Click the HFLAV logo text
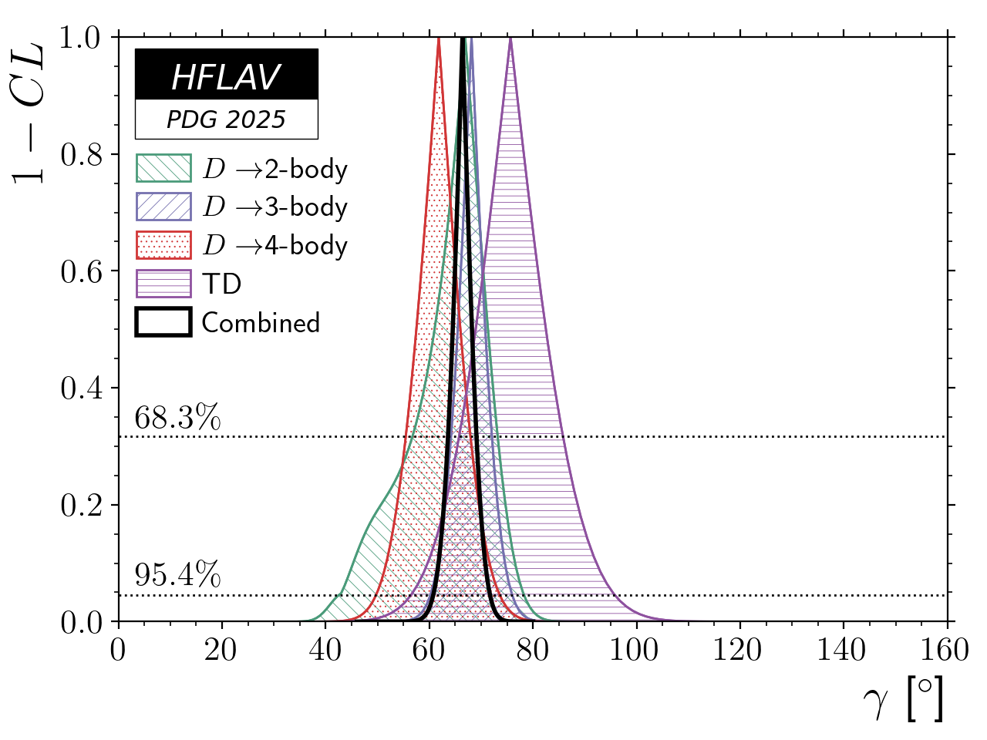pos(226,77)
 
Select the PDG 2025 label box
pos(226,119)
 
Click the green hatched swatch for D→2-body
pos(163,168)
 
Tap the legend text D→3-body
pos(275,207)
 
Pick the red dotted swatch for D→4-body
pos(163,245)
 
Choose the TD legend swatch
pos(163,284)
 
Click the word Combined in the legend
pos(261,322)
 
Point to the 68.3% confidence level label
pos(177,419)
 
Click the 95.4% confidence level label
pos(177,575)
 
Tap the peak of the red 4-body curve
pos(439,39)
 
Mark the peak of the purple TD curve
pos(510,39)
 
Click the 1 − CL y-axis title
pos(29,112)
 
